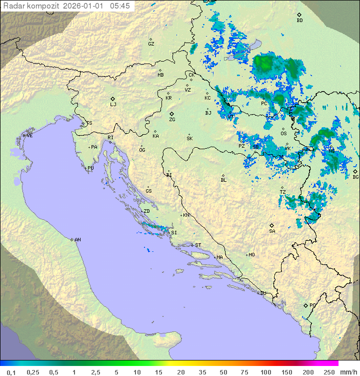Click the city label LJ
[x=113, y=105]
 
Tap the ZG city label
[x=172, y=120]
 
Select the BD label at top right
[x=299, y=21]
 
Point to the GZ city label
[x=151, y=44]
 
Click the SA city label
[x=272, y=231]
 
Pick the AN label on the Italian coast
[x=77, y=240]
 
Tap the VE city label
[x=29, y=136]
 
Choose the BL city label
[x=223, y=180]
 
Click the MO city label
[x=251, y=255]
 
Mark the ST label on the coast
[x=197, y=245]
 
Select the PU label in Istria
[x=90, y=168]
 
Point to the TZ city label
[x=282, y=192]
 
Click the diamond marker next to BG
[x=355, y=171]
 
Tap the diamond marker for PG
[x=305, y=305]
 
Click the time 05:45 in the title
[x=120, y=6]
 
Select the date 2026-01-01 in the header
[x=84, y=6]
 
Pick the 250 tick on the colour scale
[x=328, y=372]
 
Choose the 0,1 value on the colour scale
[x=11, y=372]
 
